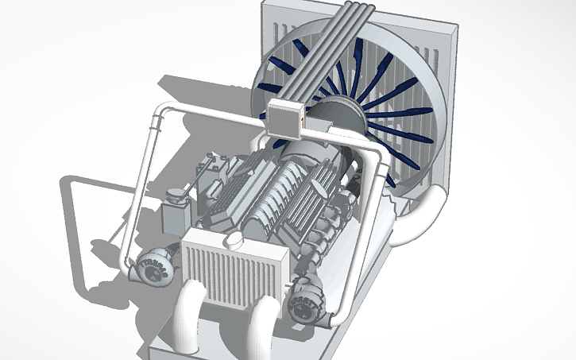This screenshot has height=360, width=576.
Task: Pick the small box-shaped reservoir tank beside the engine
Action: tap(172, 217)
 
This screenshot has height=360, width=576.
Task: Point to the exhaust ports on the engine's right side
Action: tap(326, 238)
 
